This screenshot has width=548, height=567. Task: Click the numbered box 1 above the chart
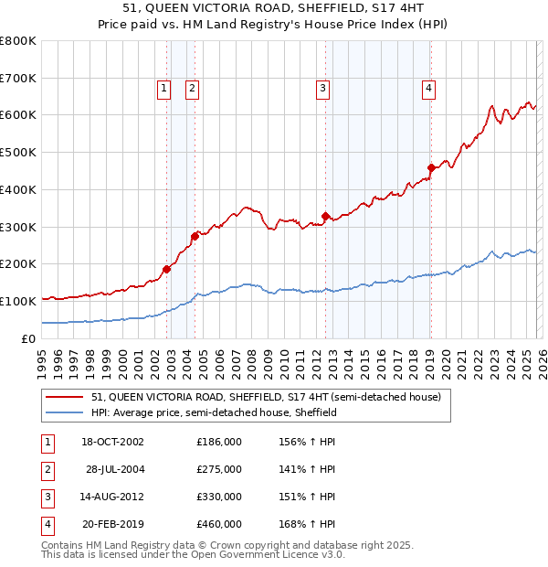pyautogui.click(x=163, y=89)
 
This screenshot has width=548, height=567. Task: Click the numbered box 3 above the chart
pyautogui.click(x=323, y=89)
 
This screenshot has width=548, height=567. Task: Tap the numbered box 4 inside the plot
pyautogui.click(x=428, y=89)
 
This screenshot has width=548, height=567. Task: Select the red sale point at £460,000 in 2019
pyautogui.click(x=430, y=167)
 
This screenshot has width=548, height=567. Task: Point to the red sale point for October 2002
pyautogui.click(x=167, y=269)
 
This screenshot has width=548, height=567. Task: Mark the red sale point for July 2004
pyautogui.click(x=195, y=236)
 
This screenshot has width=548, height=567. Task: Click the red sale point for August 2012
pyautogui.click(x=325, y=216)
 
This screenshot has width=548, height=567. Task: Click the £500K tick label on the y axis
pyautogui.click(x=17, y=153)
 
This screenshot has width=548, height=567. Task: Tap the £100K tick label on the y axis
pyautogui.click(x=17, y=301)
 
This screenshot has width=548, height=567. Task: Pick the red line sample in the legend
pyautogui.click(x=64, y=397)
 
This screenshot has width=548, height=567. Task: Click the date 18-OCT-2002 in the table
pyautogui.click(x=112, y=442)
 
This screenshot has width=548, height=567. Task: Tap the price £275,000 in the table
pyautogui.click(x=219, y=469)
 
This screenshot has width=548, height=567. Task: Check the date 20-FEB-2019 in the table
pyautogui.click(x=112, y=524)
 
